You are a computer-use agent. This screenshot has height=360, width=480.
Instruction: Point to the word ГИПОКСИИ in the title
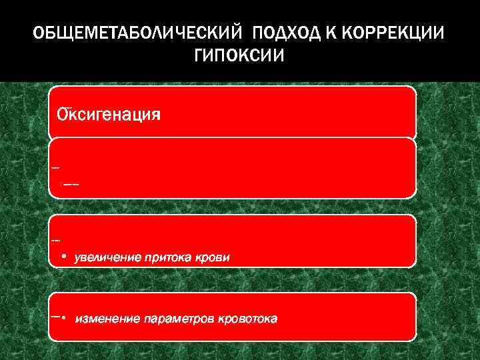(239, 56)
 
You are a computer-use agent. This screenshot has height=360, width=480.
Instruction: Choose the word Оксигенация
(109, 114)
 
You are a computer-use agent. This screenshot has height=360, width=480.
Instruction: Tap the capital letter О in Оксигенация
(62, 114)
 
